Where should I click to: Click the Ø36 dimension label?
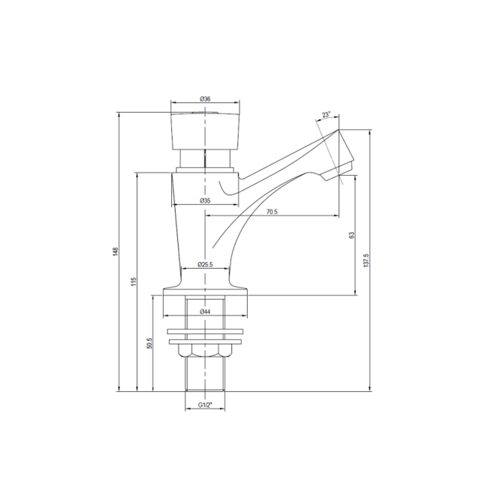(204, 99)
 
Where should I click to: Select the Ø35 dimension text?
(204, 201)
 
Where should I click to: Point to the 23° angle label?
(326, 115)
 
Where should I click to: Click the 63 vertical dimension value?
(351, 236)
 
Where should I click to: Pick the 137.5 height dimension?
(367, 258)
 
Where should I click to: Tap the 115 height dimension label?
(133, 282)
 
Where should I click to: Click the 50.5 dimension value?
(150, 343)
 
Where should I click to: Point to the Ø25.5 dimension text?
(204, 265)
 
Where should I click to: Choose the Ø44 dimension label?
(204, 312)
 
